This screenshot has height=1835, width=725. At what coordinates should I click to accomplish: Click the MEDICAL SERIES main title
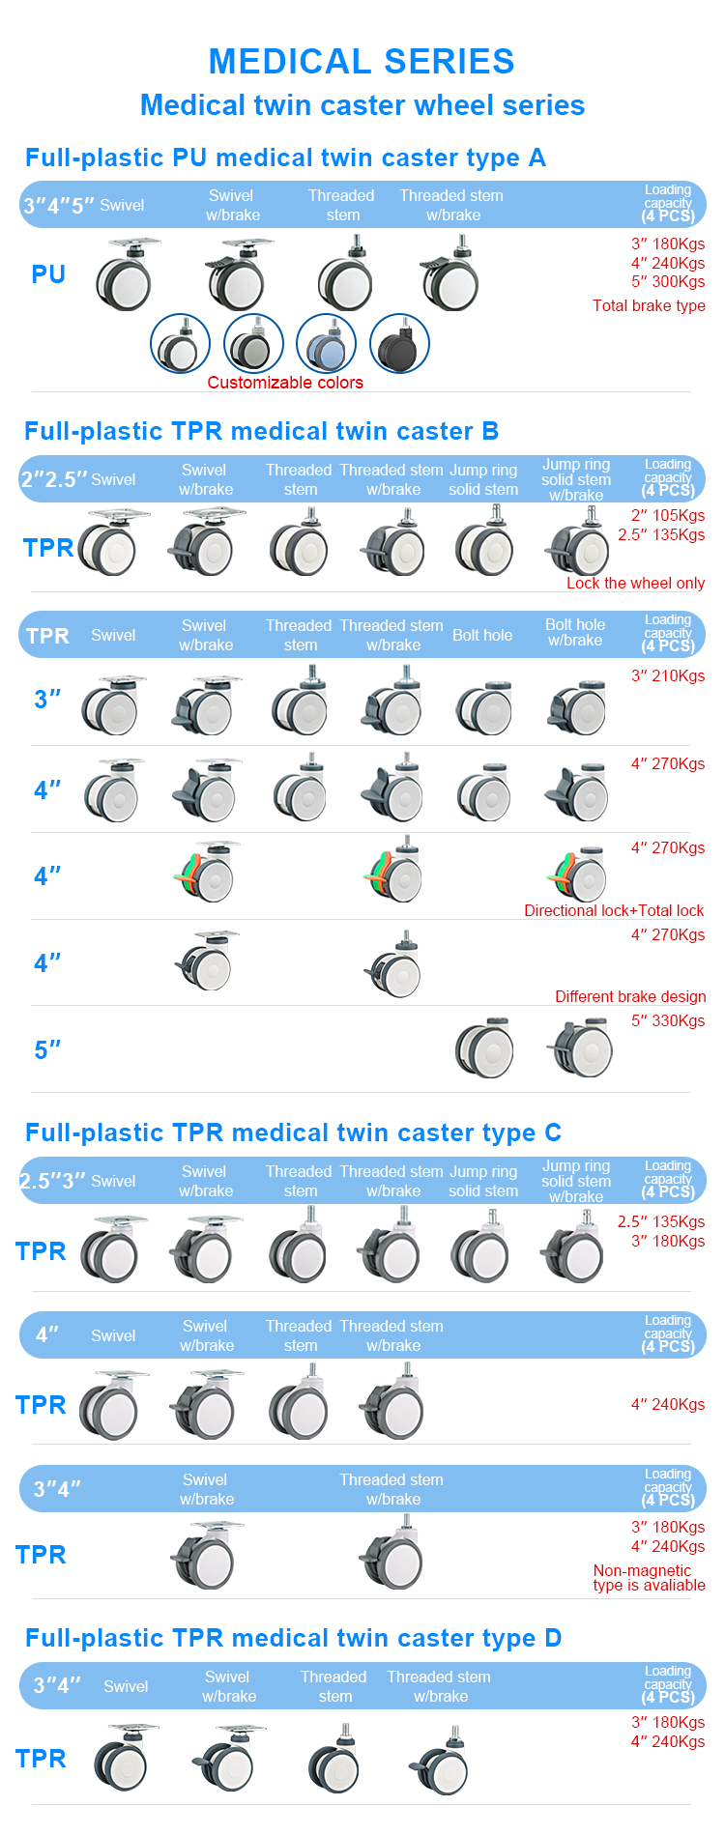tap(362, 62)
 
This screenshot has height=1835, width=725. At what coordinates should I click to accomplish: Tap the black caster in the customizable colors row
tap(399, 343)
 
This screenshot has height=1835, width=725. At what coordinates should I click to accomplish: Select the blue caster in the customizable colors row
tap(326, 343)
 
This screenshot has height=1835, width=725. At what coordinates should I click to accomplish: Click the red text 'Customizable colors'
tap(285, 383)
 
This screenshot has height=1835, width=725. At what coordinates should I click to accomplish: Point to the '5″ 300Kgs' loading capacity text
tap(668, 281)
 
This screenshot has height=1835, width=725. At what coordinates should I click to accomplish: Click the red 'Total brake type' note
tap(649, 305)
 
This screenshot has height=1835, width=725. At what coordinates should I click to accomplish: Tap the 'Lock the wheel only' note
tap(635, 583)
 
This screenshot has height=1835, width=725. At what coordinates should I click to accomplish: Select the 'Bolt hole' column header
tap(482, 635)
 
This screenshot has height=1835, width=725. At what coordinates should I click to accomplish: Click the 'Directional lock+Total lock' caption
tap(614, 910)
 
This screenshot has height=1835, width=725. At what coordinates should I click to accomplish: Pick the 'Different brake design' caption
tap(630, 996)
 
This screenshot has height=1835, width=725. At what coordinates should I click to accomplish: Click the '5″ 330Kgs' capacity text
tap(668, 1020)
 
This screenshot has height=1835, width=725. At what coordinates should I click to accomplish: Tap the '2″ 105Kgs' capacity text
tap(668, 515)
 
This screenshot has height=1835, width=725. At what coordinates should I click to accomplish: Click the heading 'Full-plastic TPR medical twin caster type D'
tap(293, 1638)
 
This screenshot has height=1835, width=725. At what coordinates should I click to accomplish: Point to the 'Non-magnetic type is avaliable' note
tap(649, 1578)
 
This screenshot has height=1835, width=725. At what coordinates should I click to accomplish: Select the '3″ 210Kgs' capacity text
tap(668, 675)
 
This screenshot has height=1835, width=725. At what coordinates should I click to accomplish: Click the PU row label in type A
tap(48, 274)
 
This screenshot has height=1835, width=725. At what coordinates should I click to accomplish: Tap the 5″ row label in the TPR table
tap(47, 1049)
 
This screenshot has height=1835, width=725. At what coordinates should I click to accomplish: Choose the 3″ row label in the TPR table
tap(47, 700)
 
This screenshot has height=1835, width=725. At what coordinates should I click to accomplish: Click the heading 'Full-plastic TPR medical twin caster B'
tap(261, 431)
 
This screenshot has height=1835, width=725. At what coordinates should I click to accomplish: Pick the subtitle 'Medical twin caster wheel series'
tap(362, 105)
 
